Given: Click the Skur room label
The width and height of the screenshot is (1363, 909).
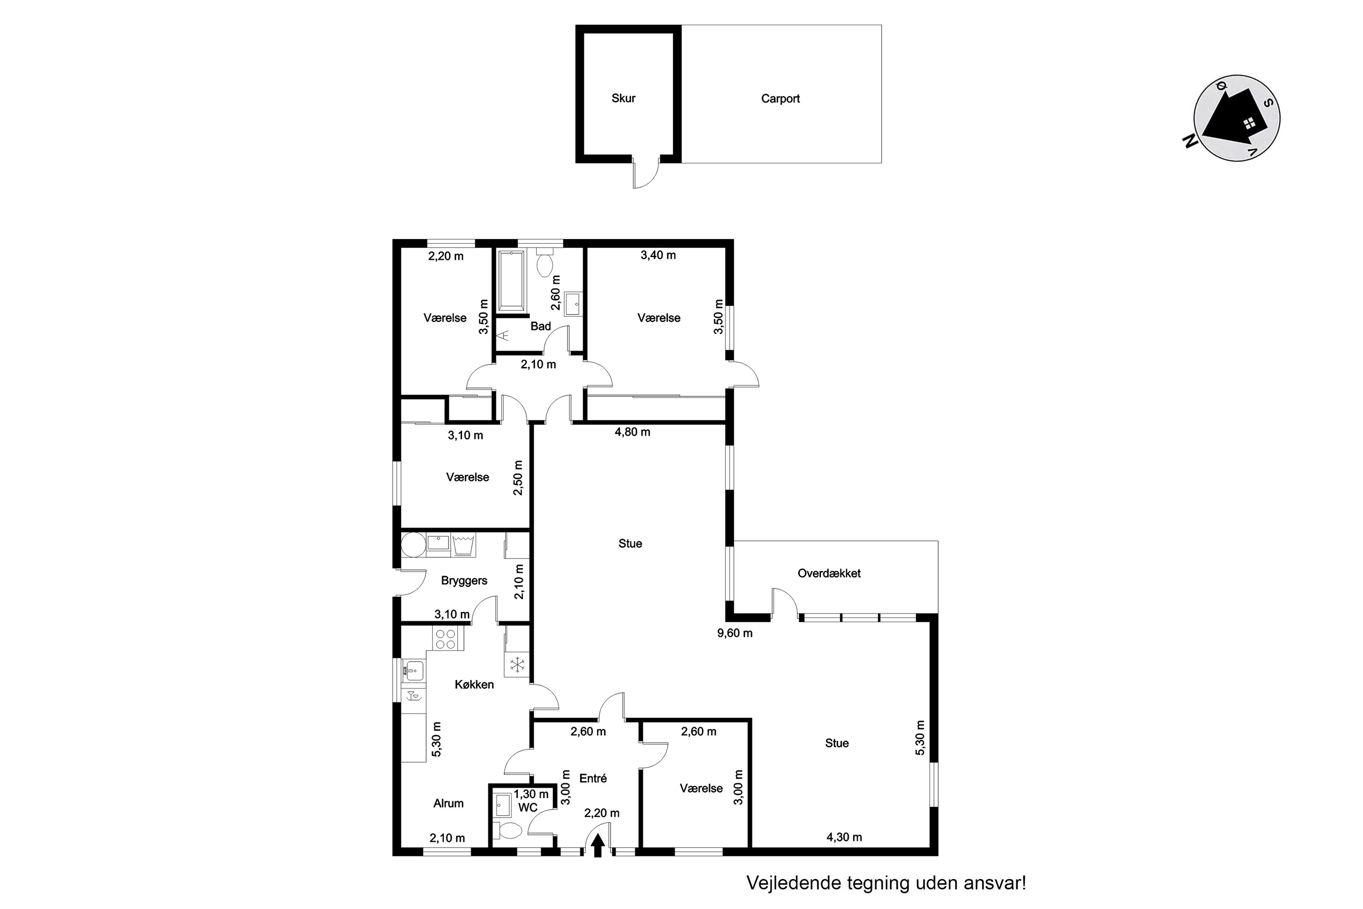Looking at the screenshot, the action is click(x=623, y=99).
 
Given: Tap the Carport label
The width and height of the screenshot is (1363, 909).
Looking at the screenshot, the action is click(x=780, y=99).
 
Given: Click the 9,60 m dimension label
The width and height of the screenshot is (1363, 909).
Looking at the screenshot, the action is click(x=735, y=634).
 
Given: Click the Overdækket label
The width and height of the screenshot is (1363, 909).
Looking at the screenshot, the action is click(x=829, y=573).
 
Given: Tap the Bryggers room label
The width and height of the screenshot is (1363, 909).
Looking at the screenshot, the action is click(x=464, y=581).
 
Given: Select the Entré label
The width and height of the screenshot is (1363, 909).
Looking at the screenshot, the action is click(x=593, y=779).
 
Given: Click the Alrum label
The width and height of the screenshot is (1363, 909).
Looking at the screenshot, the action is click(x=448, y=804).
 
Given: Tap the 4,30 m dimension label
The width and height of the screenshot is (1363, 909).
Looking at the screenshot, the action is click(x=844, y=837).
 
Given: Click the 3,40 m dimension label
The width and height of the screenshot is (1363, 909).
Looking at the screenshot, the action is click(x=658, y=255).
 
